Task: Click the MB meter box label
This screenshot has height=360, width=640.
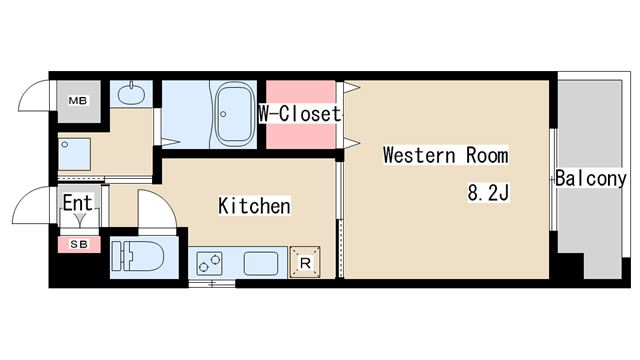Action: coord(77,101)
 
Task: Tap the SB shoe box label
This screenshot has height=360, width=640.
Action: coord(77,244)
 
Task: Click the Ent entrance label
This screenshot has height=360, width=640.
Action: coord(77,204)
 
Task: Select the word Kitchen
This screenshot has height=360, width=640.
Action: coord(254,207)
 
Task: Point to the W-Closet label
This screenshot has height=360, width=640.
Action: coord(299,113)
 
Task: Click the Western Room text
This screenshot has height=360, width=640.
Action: coord(445,156)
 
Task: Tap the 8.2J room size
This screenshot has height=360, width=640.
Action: coord(489,192)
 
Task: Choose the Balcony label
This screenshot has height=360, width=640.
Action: coord(591,179)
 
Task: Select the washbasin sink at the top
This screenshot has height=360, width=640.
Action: coord(129,95)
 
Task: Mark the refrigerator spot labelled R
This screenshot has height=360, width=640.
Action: coord(306,262)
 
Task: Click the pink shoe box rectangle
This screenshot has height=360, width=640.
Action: coord(77,244)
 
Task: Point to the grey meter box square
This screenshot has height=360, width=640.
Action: coord(77,101)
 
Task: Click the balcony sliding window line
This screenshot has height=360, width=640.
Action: coord(553,180)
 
